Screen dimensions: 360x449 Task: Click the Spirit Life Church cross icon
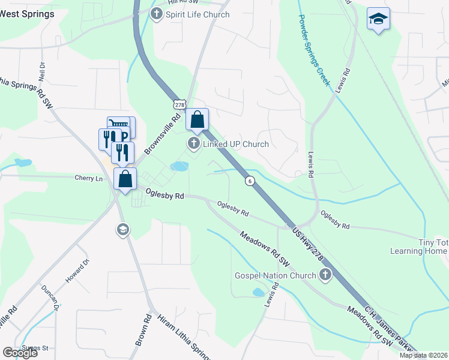[157, 14]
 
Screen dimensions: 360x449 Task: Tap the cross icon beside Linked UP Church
[193, 144]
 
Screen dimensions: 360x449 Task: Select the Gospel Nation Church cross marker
[325, 275]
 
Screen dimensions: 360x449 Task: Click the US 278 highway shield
[179, 105]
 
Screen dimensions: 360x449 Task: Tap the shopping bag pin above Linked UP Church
[197, 120]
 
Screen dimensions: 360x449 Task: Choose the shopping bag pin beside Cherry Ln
[125, 179]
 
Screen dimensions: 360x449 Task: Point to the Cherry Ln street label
[89, 178]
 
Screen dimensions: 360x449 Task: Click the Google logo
[20, 353]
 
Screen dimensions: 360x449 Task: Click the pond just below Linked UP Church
[179, 166]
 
